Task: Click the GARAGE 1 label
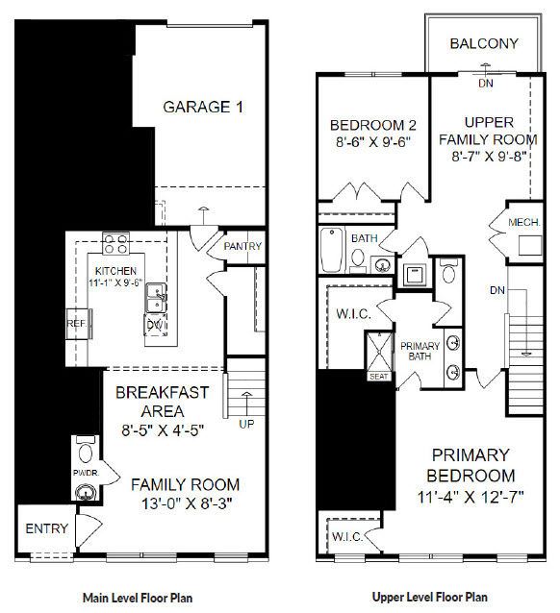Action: tap(203, 107)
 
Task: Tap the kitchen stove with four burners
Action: tap(115, 243)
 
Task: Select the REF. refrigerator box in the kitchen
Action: tap(79, 324)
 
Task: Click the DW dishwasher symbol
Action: tap(156, 325)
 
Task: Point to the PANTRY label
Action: tap(242, 246)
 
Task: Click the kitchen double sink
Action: tap(157, 298)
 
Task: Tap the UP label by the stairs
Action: tap(246, 424)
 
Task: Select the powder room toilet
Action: tap(86, 450)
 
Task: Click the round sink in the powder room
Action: tap(86, 492)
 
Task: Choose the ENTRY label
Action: tap(46, 528)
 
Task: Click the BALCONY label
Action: tap(484, 43)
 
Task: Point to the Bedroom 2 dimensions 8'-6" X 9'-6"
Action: tap(373, 142)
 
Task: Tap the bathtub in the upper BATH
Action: tap(331, 250)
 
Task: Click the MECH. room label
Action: tap(524, 223)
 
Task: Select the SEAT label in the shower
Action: tap(379, 377)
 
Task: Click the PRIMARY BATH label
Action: tap(420, 351)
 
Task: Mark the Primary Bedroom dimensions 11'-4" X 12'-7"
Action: tap(471, 498)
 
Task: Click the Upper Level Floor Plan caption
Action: tap(430, 597)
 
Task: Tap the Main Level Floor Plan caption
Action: tap(138, 598)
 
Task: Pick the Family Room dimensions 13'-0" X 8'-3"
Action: tap(187, 503)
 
